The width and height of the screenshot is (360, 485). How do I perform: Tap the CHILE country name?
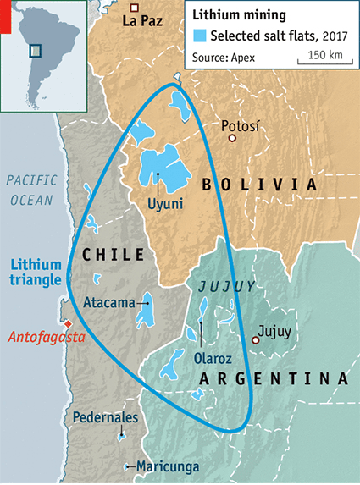click(x=114, y=254)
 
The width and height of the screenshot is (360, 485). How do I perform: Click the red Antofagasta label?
click(x=47, y=337)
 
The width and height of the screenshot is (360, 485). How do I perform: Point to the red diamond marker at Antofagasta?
click(x=65, y=324)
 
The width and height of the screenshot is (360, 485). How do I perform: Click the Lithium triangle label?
click(x=36, y=271)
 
